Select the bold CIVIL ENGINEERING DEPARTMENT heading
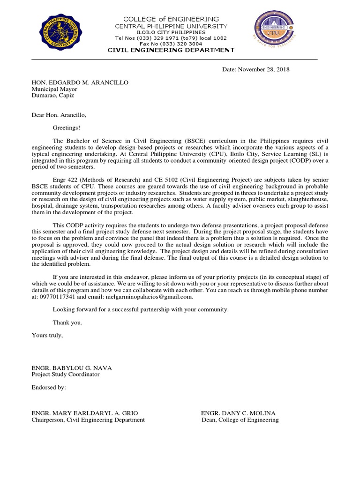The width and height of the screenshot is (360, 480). click(x=171, y=50)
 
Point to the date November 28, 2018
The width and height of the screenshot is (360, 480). click(x=255, y=70)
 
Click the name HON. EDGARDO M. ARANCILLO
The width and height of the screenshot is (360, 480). click(x=80, y=82)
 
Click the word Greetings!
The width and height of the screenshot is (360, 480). click(x=66, y=127)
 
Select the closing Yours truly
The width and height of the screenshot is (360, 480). click(x=47, y=336)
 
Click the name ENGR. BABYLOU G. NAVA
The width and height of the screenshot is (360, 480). click(x=72, y=367)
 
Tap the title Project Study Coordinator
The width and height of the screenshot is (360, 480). click(x=65, y=374)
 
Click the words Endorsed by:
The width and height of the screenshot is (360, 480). click(x=49, y=388)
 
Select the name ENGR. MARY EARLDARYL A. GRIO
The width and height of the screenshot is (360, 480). click(x=85, y=413)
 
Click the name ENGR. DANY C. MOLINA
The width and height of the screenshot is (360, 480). click(x=238, y=413)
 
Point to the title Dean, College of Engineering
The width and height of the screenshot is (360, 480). click(x=240, y=420)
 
